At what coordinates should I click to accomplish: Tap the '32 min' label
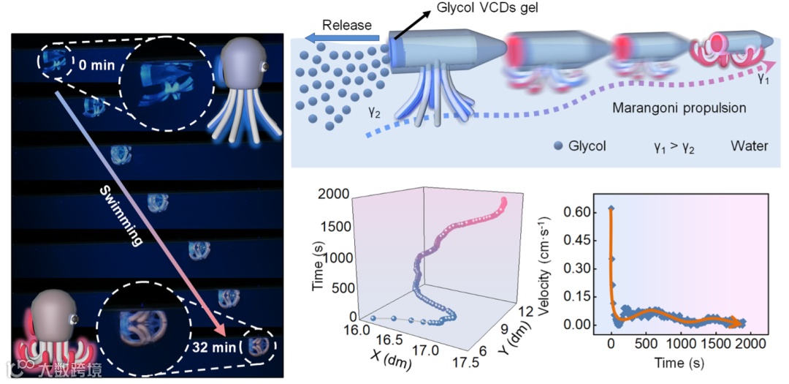(216, 347)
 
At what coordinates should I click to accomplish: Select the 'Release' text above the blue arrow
(347, 25)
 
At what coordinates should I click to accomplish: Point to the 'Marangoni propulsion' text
(678, 108)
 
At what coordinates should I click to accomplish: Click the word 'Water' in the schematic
(749, 146)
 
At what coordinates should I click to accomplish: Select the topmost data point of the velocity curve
(611, 209)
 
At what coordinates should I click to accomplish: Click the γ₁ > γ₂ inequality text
(674, 146)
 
